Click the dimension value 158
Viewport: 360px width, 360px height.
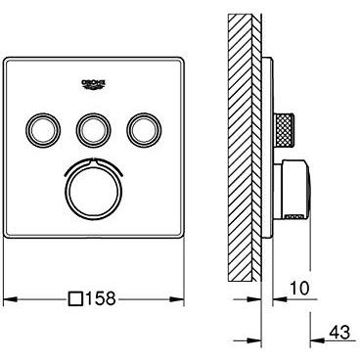(109, 299)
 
